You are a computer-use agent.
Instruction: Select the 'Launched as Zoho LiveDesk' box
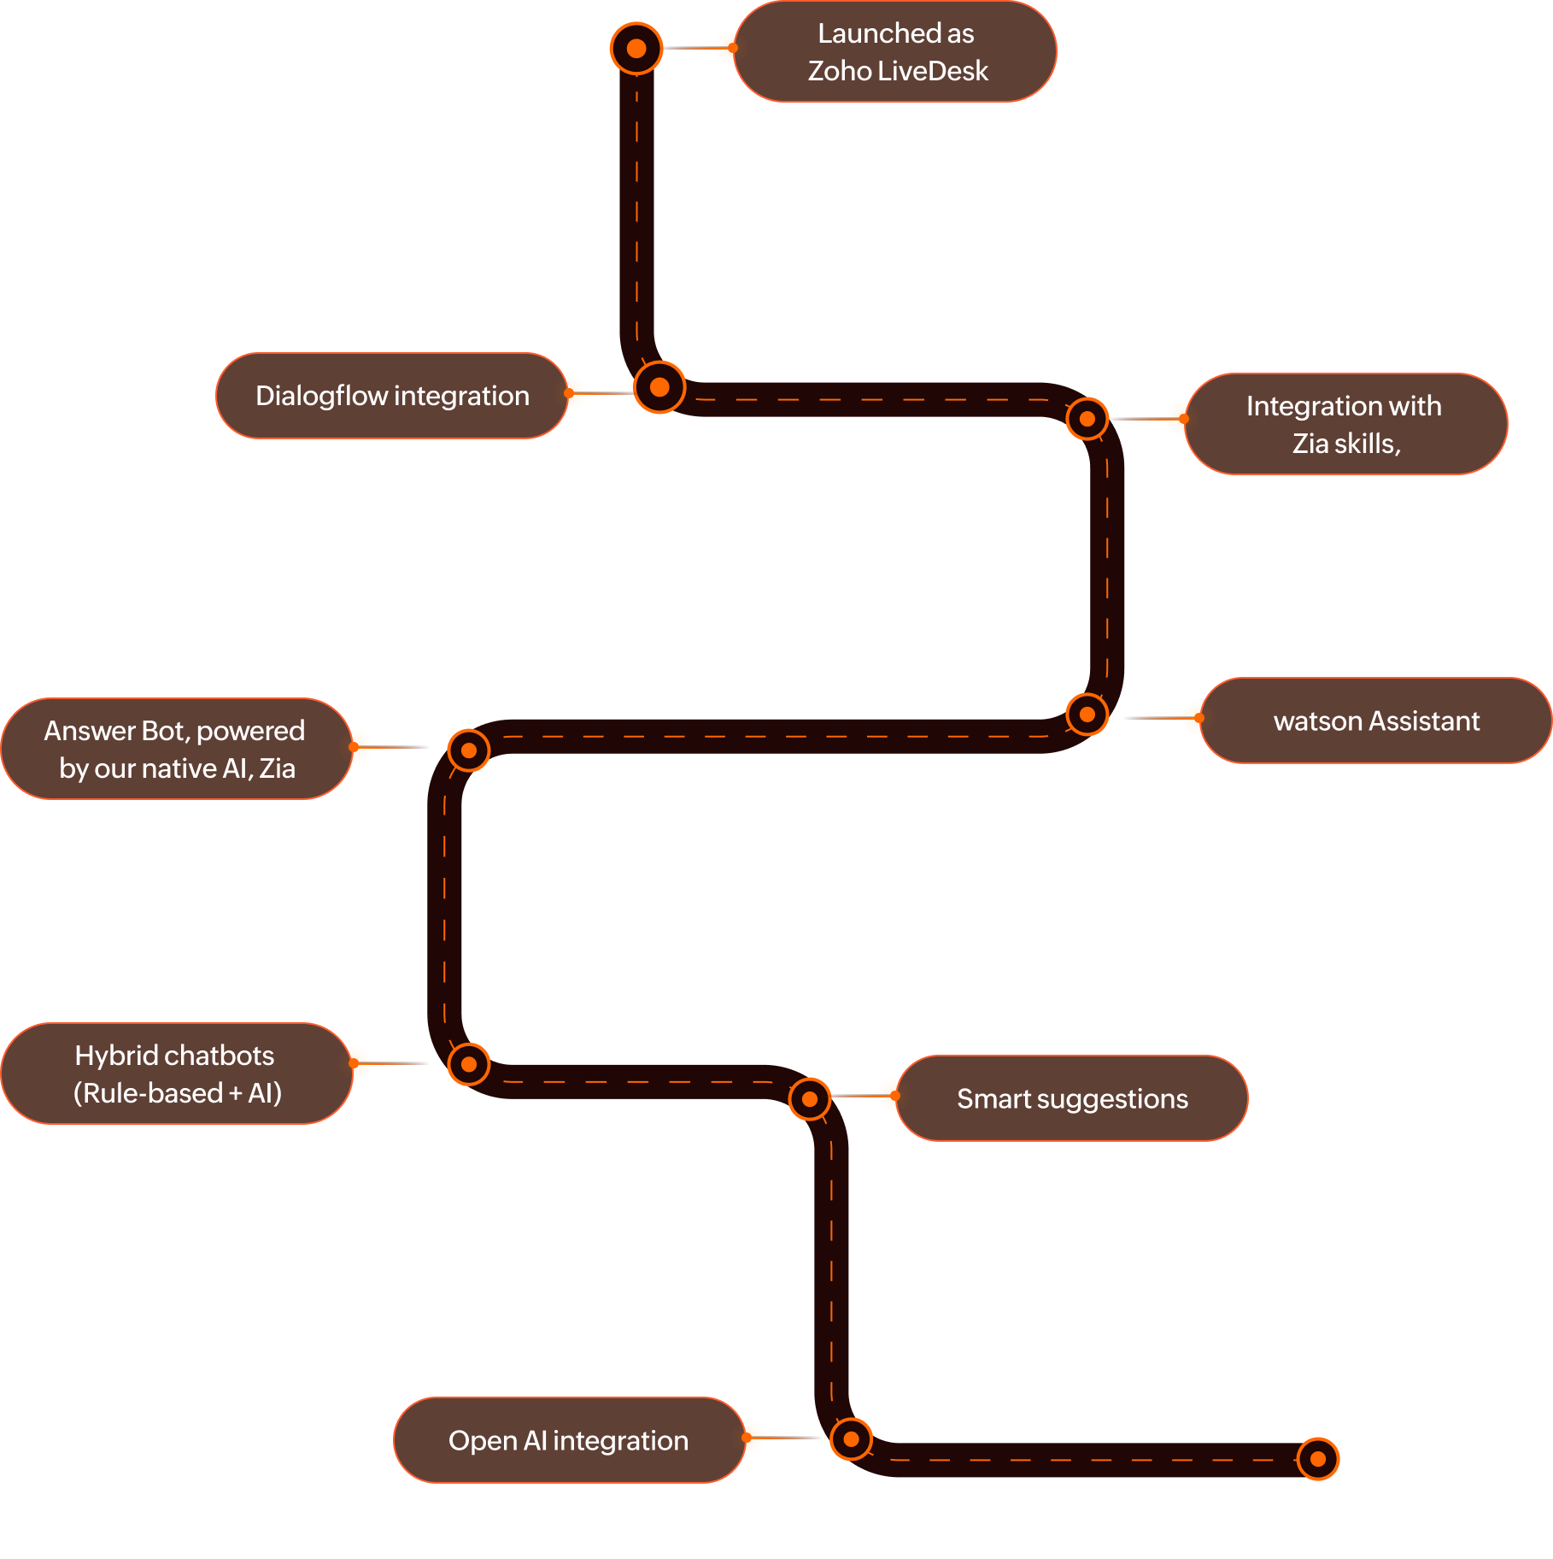pos(895,51)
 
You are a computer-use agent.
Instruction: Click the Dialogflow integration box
pos(392,396)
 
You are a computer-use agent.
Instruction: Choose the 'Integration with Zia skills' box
pos(1345,424)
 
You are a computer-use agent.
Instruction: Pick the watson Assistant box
pos(1375,721)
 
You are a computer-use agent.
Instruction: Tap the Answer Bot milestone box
pos(175,749)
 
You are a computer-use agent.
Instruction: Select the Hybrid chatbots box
pos(176,1074)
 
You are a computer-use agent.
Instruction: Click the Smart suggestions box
pos(1071,1098)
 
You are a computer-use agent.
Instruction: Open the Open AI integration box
pos(568,1440)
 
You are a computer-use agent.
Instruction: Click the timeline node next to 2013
pos(636,49)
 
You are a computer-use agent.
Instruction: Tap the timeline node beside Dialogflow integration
pos(659,387)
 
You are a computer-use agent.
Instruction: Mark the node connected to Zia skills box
pos(1087,419)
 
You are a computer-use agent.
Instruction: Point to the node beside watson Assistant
pos(1087,714)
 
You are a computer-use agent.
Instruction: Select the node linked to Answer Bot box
pos(469,750)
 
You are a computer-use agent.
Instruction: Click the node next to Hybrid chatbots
pos(469,1064)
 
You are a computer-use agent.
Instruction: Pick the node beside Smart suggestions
pos(810,1099)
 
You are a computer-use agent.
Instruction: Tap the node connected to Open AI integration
pos(851,1439)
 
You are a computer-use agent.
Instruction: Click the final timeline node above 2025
pos(1318,1459)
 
